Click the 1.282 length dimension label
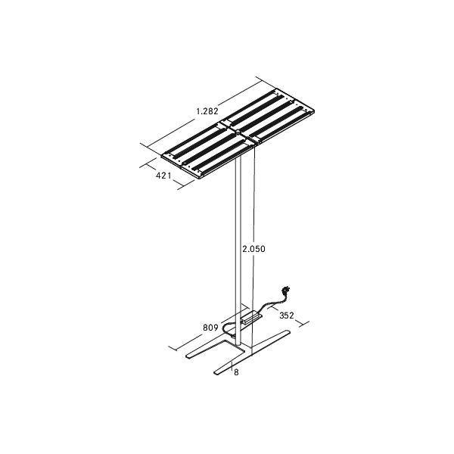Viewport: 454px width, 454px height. click(207, 111)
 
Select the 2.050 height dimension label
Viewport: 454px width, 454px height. click(253, 248)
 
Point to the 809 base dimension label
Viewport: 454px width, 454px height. click(211, 328)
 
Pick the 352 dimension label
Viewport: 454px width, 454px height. click(287, 315)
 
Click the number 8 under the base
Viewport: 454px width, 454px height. click(236, 373)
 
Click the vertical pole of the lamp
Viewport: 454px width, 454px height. click(239, 242)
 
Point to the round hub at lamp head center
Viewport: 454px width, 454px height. click(237, 131)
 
